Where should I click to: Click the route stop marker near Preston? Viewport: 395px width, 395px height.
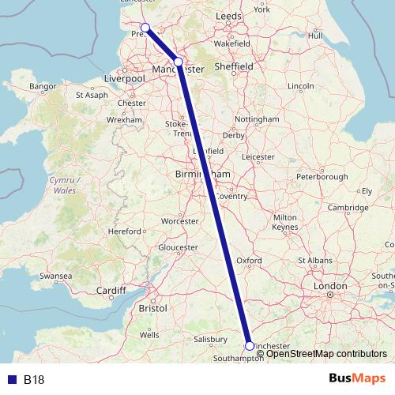[145, 28]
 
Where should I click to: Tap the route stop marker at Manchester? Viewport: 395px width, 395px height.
[178, 62]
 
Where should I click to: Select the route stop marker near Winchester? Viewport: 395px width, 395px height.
[250, 345]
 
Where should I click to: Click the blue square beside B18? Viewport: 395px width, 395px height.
[11, 379]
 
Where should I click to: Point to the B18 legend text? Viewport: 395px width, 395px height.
[34, 379]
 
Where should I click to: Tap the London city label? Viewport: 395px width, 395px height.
[330, 285]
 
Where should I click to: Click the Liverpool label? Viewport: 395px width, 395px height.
[127, 79]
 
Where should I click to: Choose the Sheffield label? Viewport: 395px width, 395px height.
[235, 67]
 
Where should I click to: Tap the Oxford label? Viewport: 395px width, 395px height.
[249, 259]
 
